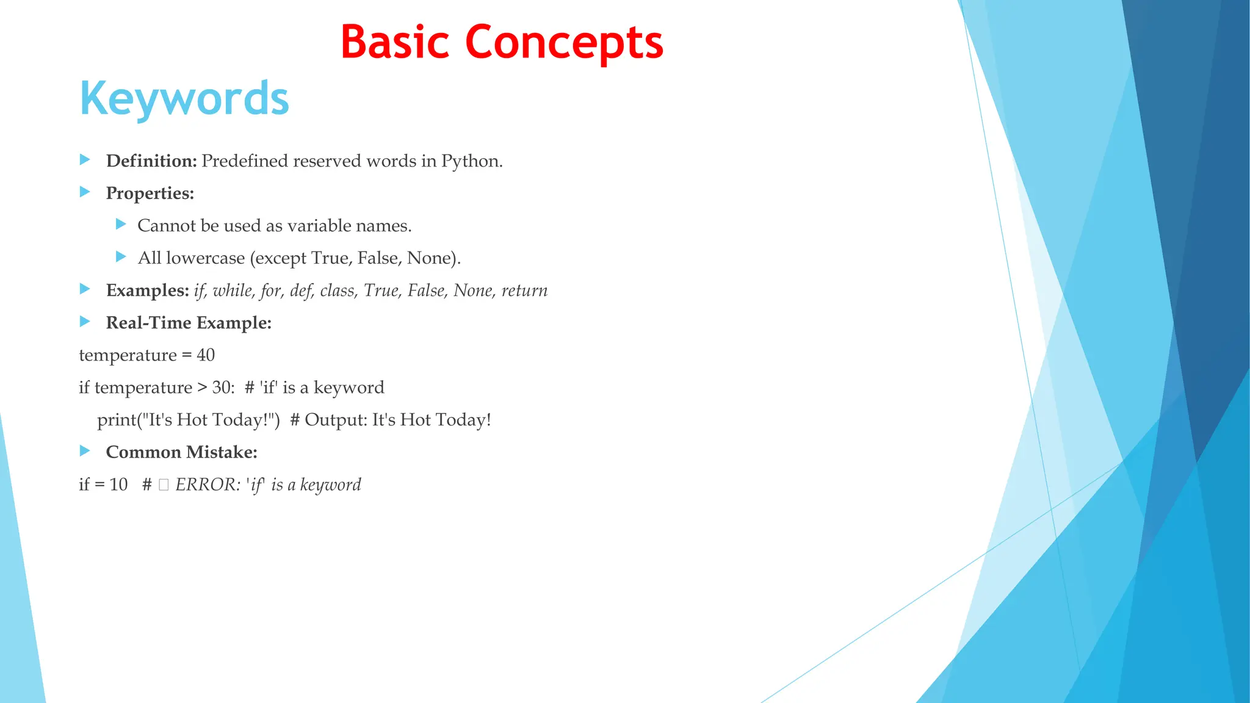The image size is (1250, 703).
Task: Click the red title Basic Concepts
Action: pos(502,43)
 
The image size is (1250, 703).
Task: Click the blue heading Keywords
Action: pos(184,99)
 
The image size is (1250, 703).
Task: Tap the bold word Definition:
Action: pos(151,161)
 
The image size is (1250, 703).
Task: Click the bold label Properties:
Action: pos(150,193)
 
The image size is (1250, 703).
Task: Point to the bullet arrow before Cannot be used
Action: pos(121,225)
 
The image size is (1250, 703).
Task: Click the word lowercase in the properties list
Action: pos(205,258)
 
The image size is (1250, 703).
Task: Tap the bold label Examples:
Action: pos(148,290)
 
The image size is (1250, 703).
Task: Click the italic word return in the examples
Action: pos(524,290)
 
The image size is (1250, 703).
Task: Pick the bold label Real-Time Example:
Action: pos(189,323)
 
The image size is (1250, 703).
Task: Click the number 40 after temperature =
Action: pos(206,355)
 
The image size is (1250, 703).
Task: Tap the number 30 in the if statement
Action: pos(222,388)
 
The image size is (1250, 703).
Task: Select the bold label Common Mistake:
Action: pos(182,452)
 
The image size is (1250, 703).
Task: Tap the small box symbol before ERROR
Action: pos(163,485)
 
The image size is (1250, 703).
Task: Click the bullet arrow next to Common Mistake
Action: pos(85,451)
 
